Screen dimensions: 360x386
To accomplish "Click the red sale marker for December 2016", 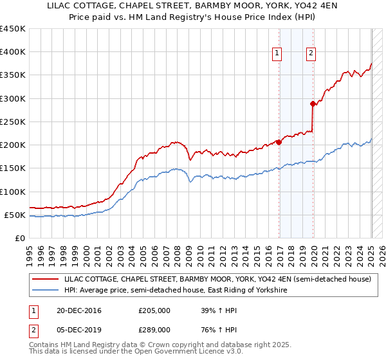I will (x=279, y=142).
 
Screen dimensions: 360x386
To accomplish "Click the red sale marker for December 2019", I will (x=313, y=104).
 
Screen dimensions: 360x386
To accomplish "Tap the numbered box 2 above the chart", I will (x=311, y=54).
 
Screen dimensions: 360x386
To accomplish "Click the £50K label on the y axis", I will (x=16, y=215).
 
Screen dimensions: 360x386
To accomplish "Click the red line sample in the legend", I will (x=46, y=280).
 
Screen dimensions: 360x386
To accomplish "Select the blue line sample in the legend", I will (x=46, y=291).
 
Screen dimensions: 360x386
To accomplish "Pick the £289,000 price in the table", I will (x=154, y=329).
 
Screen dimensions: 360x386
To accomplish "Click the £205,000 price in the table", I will (x=154, y=310).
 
